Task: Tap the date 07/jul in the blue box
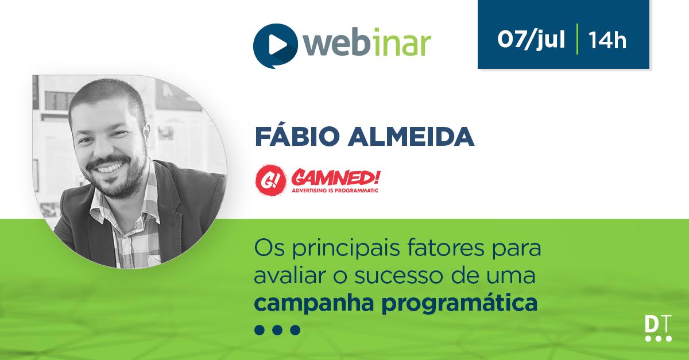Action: point(531,41)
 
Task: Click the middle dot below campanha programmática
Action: point(277,330)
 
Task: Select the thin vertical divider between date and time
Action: point(576,41)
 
